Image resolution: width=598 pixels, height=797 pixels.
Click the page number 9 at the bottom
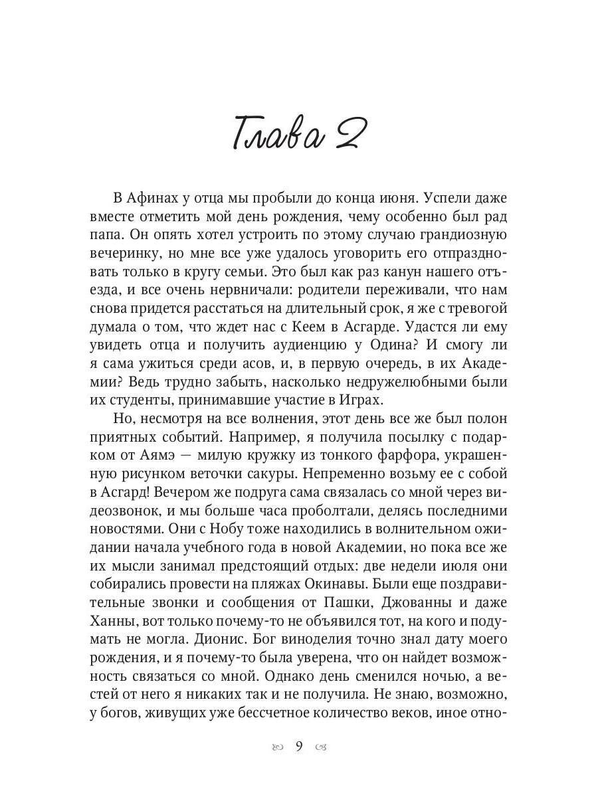(299, 746)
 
